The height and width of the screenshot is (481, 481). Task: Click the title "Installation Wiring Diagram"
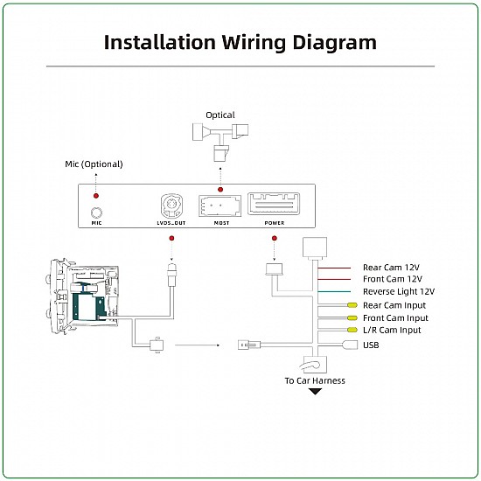coord(240,42)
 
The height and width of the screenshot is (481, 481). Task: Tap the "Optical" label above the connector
coord(220,115)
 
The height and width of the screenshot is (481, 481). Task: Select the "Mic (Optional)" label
coord(94,164)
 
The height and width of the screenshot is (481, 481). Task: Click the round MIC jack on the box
coord(97,210)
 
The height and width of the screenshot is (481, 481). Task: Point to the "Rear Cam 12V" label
coord(393,268)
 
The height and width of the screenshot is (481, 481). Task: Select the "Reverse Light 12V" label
coord(398,291)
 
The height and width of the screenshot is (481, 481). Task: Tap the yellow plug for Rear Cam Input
coord(352,305)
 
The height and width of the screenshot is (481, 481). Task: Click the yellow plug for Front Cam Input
coord(352,317)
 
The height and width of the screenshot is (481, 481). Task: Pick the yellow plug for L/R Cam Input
coord(352,330)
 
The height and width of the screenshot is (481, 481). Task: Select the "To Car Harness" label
coord(315,380)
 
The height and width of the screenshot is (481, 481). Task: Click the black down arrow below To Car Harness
coord(315,391)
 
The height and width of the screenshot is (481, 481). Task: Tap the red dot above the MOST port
coord(220,189)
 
